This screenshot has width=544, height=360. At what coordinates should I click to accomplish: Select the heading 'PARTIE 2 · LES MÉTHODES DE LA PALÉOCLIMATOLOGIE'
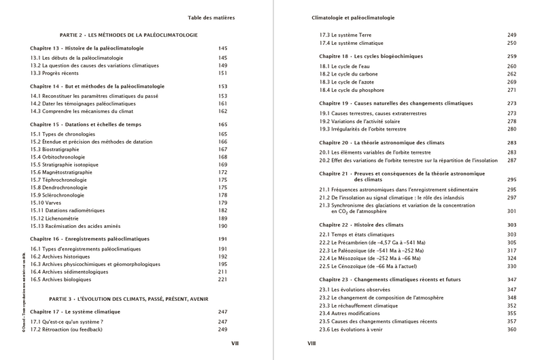[129, 33]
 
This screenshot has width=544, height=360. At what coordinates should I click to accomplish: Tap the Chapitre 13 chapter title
[87, 48]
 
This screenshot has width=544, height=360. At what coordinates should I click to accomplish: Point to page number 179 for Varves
[222, 203]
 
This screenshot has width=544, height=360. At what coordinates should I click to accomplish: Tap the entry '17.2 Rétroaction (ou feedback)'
[66, 329]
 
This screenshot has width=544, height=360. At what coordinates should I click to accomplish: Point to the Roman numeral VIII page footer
[312, 344]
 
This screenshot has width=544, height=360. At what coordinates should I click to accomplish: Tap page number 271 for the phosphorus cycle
[512, 90]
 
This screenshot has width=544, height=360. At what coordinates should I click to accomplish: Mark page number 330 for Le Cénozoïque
[512, 266]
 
